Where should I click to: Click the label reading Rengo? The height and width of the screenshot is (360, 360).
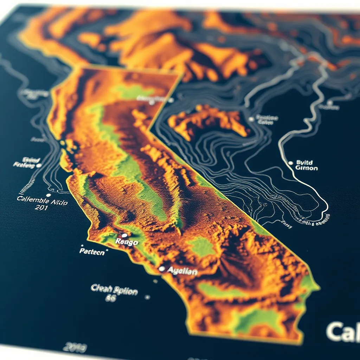pos(127,242)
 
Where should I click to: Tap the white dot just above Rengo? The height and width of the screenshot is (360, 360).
pos(124,235)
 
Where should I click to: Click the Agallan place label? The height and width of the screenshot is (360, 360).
pos(182,271)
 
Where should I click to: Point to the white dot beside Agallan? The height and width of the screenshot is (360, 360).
pos(161,269)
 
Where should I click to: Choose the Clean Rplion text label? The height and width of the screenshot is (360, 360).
pos(114,290)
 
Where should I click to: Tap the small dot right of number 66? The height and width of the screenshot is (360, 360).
pos(147,297)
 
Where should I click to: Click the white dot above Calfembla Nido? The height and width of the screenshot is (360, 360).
pos(49,194)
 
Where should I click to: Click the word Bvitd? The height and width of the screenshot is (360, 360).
pos(304,162)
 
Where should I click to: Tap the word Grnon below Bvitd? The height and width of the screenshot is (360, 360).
pos(306,168)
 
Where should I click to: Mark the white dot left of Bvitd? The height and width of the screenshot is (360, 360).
pos(290,163)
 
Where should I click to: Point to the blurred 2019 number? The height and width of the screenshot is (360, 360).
pos(75,348)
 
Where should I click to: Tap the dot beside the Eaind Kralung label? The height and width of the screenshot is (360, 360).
pos(39,165)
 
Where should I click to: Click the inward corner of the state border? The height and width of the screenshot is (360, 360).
pos(150,130)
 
